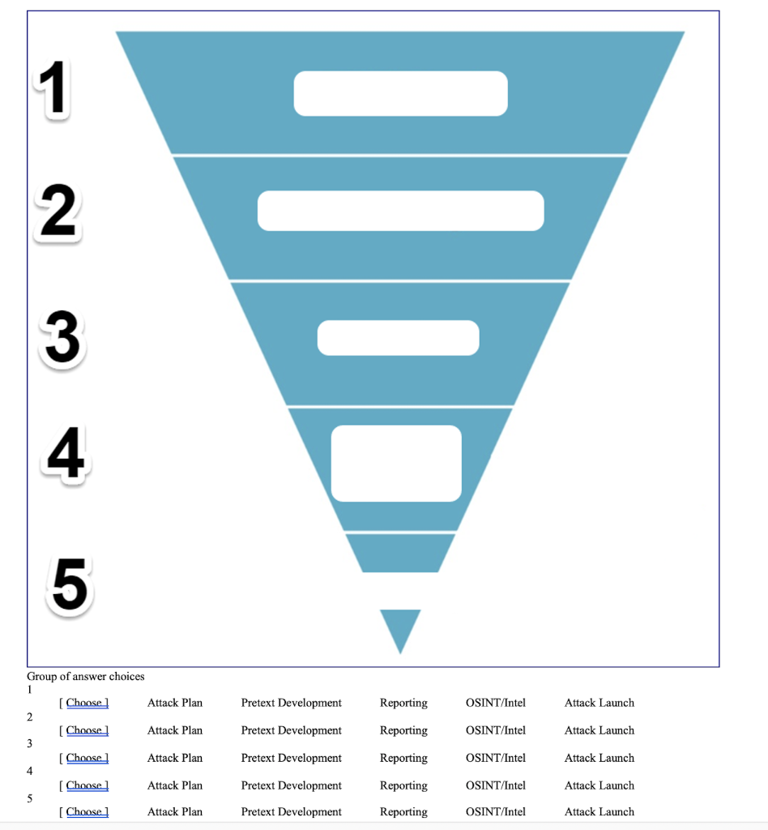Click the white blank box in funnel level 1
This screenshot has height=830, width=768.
(400, 93)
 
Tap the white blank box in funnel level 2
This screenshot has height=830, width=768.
(400, 211)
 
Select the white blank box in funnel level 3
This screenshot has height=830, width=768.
(399, 338)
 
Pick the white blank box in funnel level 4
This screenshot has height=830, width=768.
(396, 463)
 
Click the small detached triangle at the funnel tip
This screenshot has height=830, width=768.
(400, 626)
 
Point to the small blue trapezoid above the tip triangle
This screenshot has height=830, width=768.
(400, 553)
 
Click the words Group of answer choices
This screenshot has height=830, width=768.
(86, 676)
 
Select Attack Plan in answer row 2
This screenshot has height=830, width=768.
(175, 730)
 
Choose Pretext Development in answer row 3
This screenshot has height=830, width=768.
(292, 758)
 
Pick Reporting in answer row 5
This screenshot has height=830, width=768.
(403, 811)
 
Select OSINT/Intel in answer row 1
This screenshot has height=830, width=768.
(496, 703)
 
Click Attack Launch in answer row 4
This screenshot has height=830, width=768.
(599, 785)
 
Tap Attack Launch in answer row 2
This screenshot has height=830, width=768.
(599, 730)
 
